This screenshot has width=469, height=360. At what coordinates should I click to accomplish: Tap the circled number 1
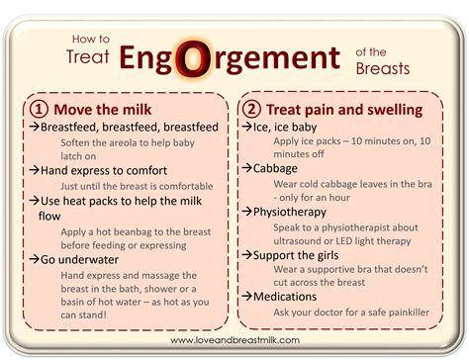[39, 107]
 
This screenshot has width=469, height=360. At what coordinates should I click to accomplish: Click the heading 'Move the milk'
[102, 107]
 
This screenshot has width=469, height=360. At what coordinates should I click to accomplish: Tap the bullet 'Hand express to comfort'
[101, 169]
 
